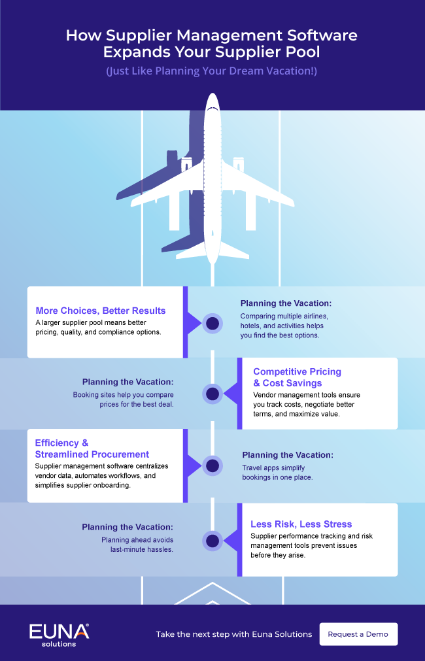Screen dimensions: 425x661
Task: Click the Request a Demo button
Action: [x=358, y=634]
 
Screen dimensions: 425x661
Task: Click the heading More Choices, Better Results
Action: [x=101, y=311]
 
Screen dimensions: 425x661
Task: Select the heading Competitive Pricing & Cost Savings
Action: [x=297, y=377]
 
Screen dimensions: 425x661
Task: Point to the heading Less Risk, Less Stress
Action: [x=301, y=524]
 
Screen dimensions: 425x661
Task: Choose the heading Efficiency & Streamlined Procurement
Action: [x=92, y=449]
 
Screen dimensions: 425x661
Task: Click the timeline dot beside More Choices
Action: [x=212, y=324]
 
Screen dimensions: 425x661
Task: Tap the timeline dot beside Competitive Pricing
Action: [x=212, y=394]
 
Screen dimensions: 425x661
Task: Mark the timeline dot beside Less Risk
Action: [x=212, y=541]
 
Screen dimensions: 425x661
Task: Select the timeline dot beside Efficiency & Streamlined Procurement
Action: [x=212, y=466]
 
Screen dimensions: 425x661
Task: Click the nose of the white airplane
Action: [x=212, y=96]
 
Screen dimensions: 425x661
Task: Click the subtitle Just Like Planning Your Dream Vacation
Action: [x=212, y=71]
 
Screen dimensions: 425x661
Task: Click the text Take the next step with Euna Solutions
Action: [x=235, y=634]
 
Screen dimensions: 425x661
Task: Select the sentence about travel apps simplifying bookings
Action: [x=277, y=473]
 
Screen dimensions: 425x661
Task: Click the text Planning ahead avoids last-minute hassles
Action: [x=137, y=544]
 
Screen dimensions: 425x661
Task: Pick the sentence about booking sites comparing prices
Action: [x=124, y=399]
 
